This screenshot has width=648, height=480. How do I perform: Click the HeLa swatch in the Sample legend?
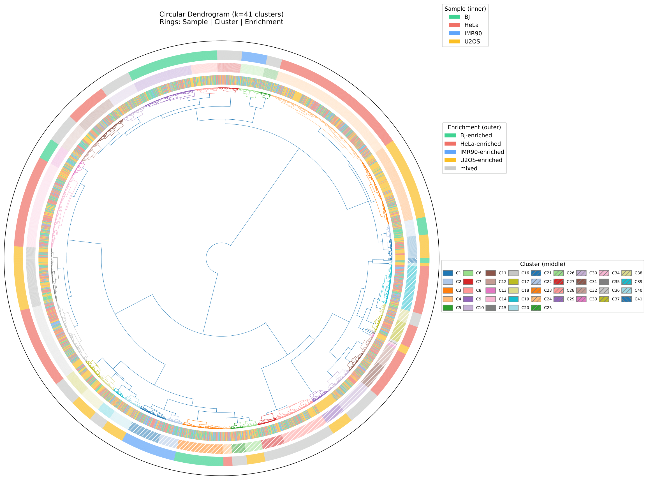click(x=454, y=25)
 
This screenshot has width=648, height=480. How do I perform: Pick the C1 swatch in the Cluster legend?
click(x=448, y=273)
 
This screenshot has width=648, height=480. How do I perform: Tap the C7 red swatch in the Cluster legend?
click(x=468, y=282)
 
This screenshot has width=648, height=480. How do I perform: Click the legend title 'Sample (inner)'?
click(x=465, y=9)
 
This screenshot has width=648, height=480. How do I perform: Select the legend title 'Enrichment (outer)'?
click(x=474, y=127)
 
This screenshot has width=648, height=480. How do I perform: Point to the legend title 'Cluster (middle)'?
click(x=542, y=264)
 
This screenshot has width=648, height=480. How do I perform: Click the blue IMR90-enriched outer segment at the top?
click(x=254, y=57)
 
